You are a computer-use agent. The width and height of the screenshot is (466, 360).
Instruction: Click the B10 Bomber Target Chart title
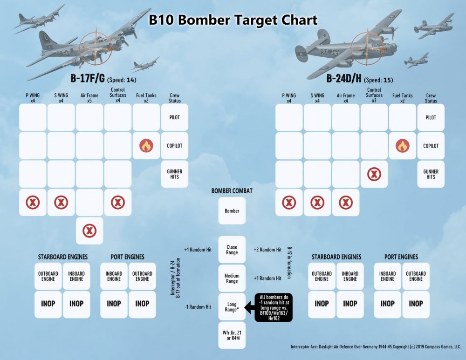[x=233, y=20]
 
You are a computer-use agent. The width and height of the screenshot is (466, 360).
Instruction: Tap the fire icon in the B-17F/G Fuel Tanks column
[x=146, y=146]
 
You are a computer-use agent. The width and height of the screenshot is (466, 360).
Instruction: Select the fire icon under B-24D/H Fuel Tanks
[x=403, y=146]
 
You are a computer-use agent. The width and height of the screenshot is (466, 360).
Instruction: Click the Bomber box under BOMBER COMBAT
[x=232, y=211]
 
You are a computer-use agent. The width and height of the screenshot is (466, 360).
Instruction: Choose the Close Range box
[x=232, y=250]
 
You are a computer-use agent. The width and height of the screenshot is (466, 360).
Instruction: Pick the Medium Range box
[x=232, y=278]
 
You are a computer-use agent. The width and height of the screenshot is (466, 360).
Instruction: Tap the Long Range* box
[x=232, y=307]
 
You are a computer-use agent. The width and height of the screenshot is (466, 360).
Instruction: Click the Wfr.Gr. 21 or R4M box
[x=232, y=335]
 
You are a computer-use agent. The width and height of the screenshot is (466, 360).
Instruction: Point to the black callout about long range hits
[x=274, y=307]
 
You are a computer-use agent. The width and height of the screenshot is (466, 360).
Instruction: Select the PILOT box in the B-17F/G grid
[x=175, y=117]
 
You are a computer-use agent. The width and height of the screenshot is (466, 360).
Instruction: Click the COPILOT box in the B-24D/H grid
[x=431, y=146]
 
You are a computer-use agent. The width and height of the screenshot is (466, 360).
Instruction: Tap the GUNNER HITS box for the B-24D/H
[x=431, y=174]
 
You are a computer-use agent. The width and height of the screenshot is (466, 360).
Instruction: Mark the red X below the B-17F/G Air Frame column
[x=89, y=231]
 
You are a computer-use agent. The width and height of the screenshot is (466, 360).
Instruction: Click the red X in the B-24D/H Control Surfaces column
[x=374, y=174]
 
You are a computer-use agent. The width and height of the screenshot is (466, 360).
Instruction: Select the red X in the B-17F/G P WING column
[x=33, y=203]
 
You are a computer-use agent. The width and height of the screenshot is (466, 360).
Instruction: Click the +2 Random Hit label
[x=267, y=250]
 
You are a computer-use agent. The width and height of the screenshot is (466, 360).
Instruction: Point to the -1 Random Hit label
[x=198, y=307]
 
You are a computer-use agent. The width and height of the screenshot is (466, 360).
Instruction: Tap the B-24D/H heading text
[x=343, y=78]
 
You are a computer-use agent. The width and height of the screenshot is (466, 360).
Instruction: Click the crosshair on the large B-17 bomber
[x=96, y=48]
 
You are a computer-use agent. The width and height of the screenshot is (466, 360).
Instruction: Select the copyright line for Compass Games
[x=376, y=347]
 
